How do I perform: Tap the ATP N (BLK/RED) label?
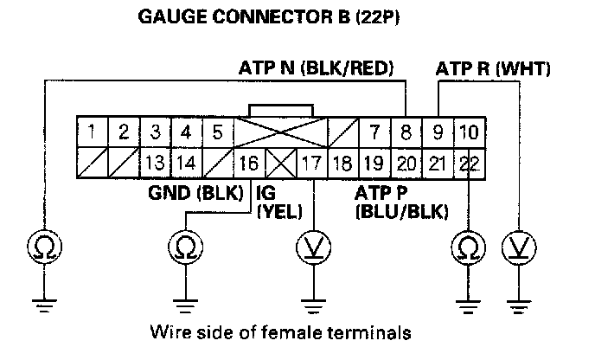click(317, 67)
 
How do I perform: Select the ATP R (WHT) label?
click(493, 67)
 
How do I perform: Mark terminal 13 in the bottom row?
click(155, 161)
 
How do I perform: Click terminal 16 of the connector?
click(247, 161)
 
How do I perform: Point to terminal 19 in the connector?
click(374, 161)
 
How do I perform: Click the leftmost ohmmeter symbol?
click(42, 247)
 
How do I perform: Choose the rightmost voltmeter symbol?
click(518, 247)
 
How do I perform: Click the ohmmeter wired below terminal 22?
click(467, 247)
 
